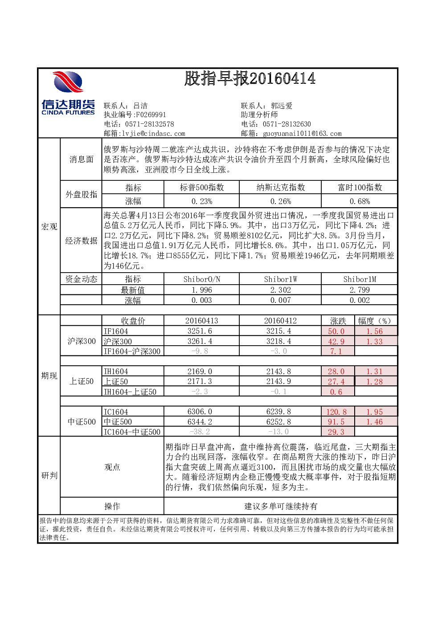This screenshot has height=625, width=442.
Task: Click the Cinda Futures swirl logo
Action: [x=68, y=82]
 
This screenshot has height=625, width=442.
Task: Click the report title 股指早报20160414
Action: [x=250, y=78]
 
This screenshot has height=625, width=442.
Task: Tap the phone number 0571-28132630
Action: [x=287, y=124]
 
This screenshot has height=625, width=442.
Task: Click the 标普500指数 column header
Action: [x=202, y=187]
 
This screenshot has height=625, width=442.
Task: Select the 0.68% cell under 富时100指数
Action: [x=360, y=201]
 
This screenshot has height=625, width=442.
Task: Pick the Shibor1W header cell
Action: [x=280, y=279]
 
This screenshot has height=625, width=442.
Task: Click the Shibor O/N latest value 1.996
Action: [x=202, y=290]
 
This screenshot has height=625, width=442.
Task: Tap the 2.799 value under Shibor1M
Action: [x=360, y=290]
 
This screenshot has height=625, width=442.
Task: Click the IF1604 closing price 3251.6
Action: [x=200, y=331]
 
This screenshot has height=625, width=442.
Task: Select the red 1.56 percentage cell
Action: [x=374, y=331]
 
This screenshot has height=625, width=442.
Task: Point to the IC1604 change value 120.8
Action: [x=336, y=412]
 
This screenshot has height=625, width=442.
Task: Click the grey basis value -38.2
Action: [x=200, y=432]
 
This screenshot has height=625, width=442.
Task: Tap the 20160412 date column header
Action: [x=280, y=321]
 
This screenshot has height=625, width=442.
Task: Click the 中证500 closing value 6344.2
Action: [x=200, y=421]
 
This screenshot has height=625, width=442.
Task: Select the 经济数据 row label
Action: [x=81, y=241]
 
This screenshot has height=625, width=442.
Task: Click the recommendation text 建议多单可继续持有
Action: [x=281, y=506]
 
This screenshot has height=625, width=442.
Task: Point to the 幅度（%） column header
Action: [x=375, y=321]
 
